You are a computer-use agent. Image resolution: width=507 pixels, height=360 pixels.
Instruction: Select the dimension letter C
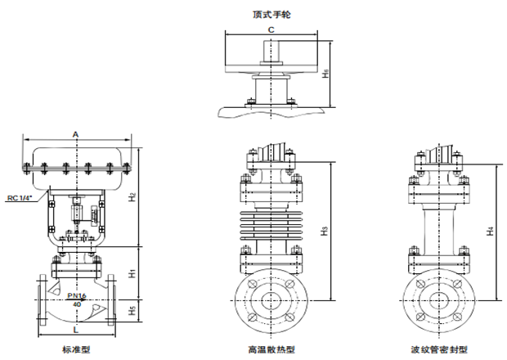271,29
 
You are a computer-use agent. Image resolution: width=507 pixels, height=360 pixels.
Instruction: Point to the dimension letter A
75,133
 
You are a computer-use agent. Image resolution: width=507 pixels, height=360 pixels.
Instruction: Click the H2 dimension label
132,196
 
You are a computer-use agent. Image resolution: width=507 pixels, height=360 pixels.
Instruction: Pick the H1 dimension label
132,271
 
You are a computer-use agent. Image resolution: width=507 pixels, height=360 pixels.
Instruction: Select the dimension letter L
75,330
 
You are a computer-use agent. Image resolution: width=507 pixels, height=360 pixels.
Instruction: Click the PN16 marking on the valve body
76,295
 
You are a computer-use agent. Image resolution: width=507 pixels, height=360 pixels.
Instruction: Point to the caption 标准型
75,349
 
